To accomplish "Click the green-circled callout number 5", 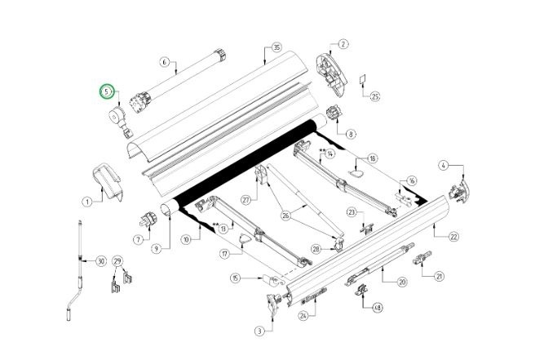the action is (x=106, y=92).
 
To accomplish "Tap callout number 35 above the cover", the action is (x=276, y=48).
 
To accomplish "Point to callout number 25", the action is (x=375, y=96).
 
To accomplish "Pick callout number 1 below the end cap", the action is (x=87, y=201).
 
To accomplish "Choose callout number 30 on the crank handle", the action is (x=101, y=261).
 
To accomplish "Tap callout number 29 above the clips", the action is (x=117, y=261).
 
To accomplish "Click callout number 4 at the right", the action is (x=444, y=166).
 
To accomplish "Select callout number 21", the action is (x=440, y=276).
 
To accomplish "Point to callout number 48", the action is (x=377, y=308).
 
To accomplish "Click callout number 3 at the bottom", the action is (x=259, y=331).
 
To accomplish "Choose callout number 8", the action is (x=351, y=134).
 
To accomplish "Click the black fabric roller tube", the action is (x=245, y=159).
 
